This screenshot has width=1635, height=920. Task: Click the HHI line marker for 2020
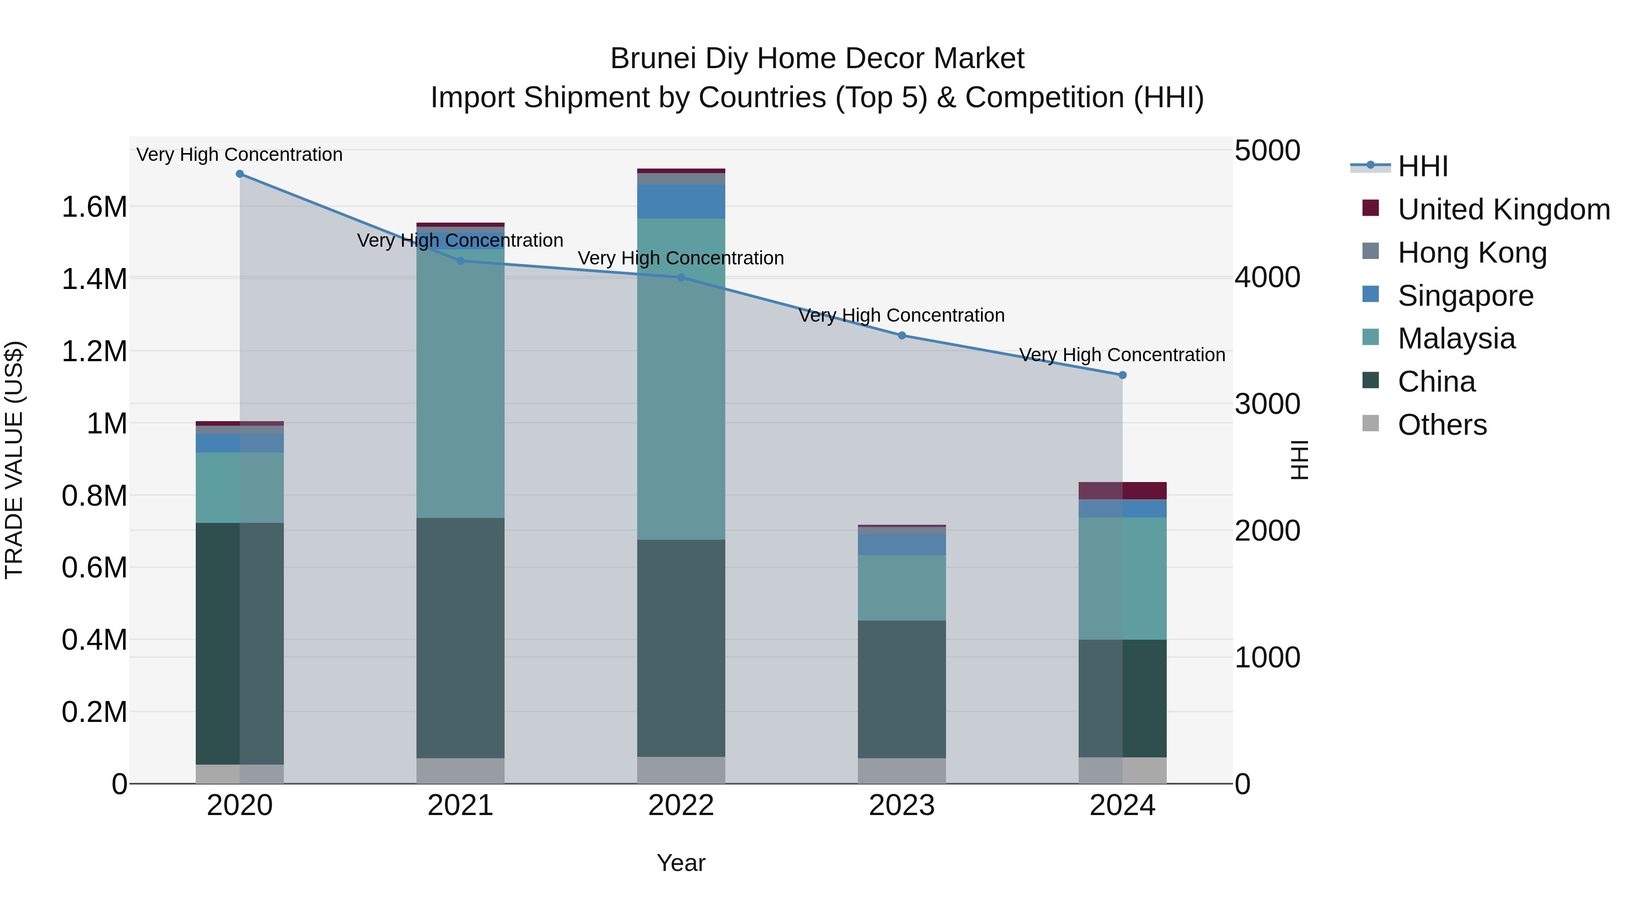click(x=240, y=174)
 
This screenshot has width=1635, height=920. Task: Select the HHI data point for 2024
click(x=1122, y=375)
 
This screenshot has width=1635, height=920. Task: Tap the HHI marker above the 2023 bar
click(x=902, y=335)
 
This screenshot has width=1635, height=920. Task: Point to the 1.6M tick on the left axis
click(x=94, y=207)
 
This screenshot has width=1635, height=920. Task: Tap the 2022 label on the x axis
click(x=681, y=806)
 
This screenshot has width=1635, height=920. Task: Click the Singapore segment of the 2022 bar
click(x=681, y=202)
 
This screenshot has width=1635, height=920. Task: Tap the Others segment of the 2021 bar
click(x=460, y=771)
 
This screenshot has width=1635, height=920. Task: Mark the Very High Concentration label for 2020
click(x=240, y=154)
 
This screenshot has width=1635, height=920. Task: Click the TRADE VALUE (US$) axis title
click(x=14, y=460)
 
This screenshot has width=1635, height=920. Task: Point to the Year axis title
click(x=681, y=863)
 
